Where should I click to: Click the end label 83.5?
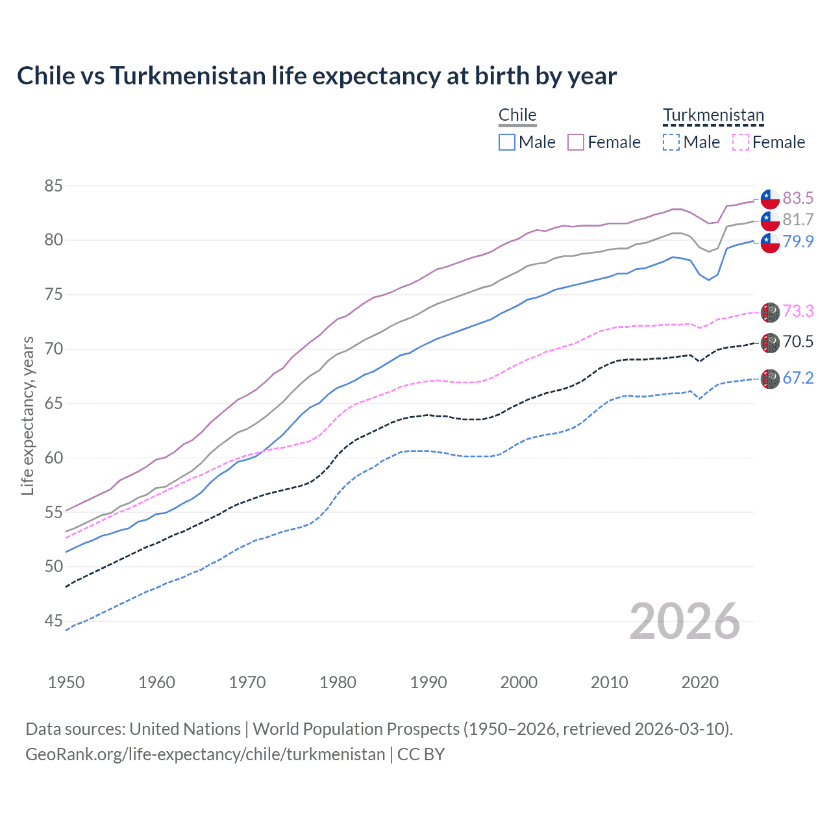click(798, 198)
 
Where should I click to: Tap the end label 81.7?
click(798, 219)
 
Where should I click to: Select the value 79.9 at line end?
click(798, 242)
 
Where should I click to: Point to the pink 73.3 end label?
click(798, 311)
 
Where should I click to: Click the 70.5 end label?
click(798, 341)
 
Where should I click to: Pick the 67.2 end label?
click(798, 378)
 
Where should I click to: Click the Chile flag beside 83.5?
click(770, 199)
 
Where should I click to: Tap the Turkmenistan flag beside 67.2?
click(770, 378)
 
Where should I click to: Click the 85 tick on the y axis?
click(53, 186)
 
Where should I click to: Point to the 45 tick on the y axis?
click(53, 621)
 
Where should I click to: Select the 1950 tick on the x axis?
click(66, 682)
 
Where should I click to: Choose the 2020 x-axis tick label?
click(700, 682)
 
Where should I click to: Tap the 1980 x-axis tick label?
click(338, 682)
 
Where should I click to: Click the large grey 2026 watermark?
click(685, 621)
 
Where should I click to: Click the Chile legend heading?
click(517, 115)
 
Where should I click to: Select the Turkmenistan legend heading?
click(713, 115)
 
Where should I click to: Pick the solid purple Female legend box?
click(576, 142)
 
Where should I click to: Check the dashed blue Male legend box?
click(671, 142)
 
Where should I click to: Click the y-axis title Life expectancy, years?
click(27, 415)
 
